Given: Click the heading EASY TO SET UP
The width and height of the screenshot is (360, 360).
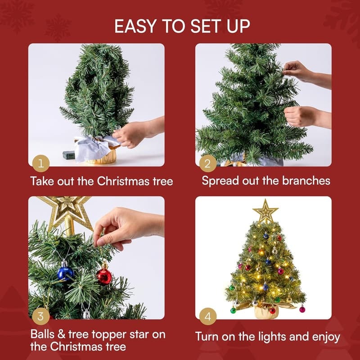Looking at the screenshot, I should click(182, 26).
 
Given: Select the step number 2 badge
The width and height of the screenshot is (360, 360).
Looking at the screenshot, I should click(207, 164).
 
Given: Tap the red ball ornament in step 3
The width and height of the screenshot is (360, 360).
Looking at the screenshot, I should click(104, 276).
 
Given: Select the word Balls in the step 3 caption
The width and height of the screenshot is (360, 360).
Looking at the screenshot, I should click(44, 334).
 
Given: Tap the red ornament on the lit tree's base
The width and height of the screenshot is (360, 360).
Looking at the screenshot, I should click(272, 310).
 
